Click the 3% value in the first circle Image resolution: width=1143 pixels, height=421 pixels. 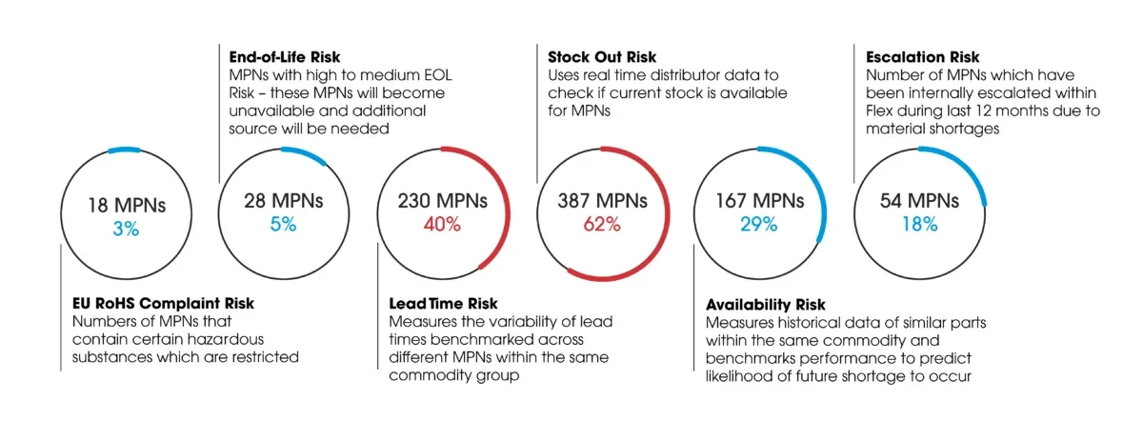coord(126,229)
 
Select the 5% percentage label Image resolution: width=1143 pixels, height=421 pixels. coord(284,225)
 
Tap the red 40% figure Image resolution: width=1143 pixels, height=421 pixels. coord(443,225)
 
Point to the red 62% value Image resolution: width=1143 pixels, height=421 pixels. coord(602,225)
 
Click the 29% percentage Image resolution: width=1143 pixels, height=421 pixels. coord(760,225)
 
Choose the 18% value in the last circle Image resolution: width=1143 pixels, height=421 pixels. coord(919,225)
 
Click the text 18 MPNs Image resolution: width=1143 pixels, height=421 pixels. coord(126,205)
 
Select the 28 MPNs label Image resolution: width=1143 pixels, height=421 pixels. coord(284,201)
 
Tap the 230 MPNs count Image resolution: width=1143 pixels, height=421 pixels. coord(443,201)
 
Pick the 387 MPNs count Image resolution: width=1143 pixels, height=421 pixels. coord(602,201)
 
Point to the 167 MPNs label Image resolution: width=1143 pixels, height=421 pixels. coord(760,201)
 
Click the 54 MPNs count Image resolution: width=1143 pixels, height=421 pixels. coord(919,201)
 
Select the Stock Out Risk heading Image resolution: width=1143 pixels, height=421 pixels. coord(602,57)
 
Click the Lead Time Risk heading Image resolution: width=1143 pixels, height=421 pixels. coord(443,304)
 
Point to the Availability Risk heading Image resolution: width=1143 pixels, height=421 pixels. coord(766,305)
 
